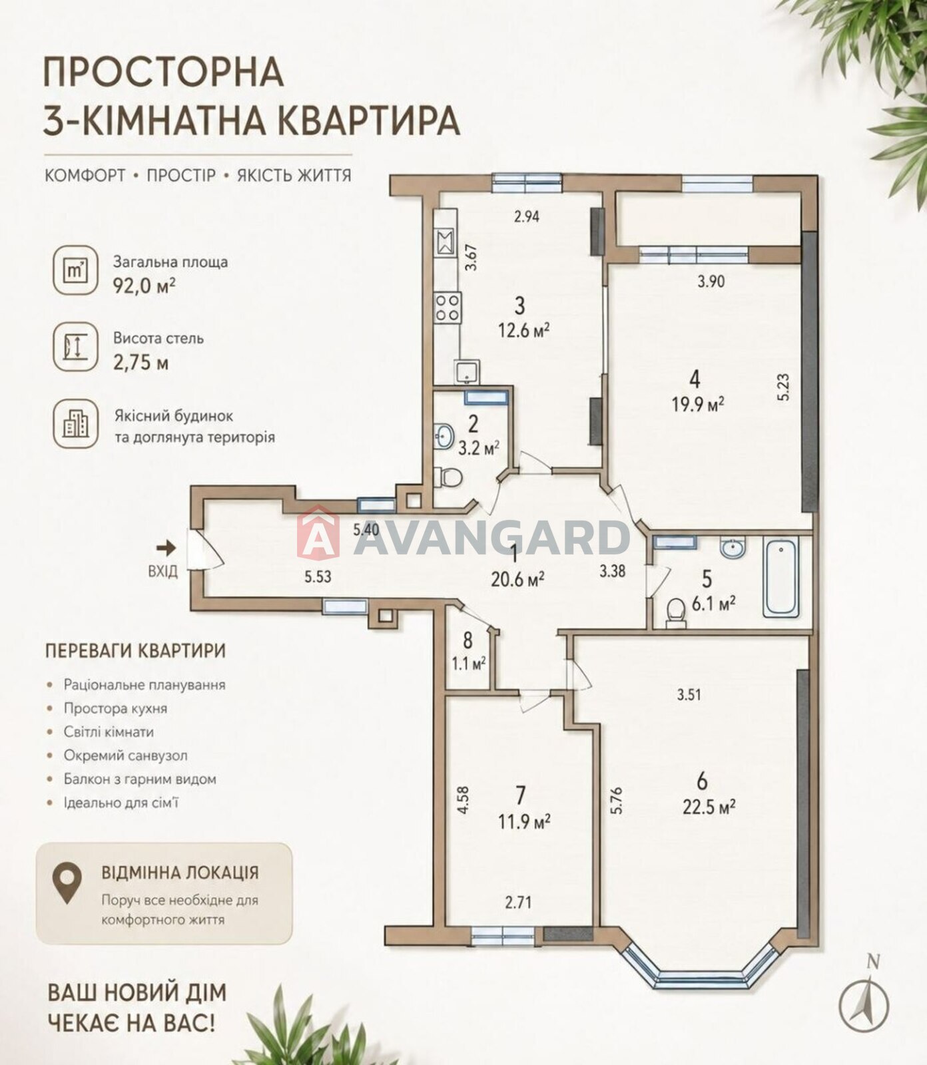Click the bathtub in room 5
[x=780, y=578]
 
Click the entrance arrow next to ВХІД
[x=166, y=548]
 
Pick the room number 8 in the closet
[x=467, y=640]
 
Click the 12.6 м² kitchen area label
[x=523, y=329]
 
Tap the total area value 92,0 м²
[x=145, y=286]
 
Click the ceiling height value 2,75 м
[x=141, y=363]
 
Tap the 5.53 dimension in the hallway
[x=318, y=577]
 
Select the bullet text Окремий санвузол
[x=126, y=755]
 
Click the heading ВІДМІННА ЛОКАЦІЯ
[x=180, y=873]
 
